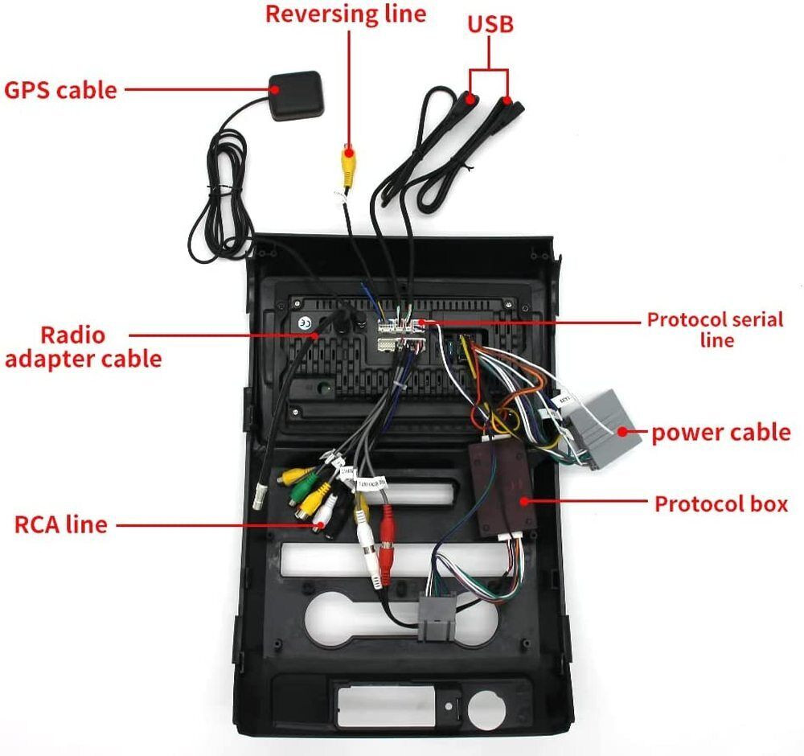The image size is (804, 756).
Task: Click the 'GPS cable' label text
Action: (x=60, y=90)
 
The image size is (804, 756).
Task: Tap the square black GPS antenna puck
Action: (x=297, y=96)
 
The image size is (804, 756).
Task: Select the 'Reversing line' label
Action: (x=346, y=14)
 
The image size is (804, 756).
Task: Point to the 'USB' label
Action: (x=490, y=24)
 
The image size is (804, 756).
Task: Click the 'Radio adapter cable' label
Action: (x=83, y=347)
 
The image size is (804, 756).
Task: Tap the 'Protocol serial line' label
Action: (x=716, y=329)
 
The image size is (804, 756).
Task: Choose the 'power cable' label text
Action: (x=721, y=433)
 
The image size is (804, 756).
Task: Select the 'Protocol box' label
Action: (x=721, y=503)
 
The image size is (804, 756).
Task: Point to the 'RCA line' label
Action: (x=60, y=524)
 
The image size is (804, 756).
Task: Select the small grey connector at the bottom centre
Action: (x=437, y=616)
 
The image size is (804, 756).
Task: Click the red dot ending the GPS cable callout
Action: (x=275, y=89)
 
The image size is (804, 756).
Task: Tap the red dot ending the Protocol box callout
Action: (x=524, y=501)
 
